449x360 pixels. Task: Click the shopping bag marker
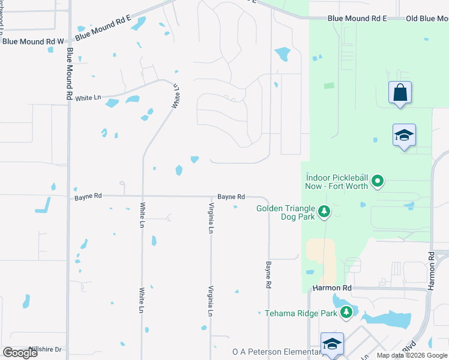[400, 93]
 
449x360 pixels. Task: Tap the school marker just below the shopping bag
[404, 136]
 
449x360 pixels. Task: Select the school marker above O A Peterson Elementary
[332, 344]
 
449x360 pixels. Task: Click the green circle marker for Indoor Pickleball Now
[378, 180]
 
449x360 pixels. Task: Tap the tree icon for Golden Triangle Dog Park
[324, 211]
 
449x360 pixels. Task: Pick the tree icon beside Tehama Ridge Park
[346, 312]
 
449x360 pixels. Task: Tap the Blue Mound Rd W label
[33, 41]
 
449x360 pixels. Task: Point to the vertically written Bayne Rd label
[269, 273]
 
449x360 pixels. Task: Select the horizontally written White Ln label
[88, 97]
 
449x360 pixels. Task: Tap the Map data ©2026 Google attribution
[411, 355]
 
